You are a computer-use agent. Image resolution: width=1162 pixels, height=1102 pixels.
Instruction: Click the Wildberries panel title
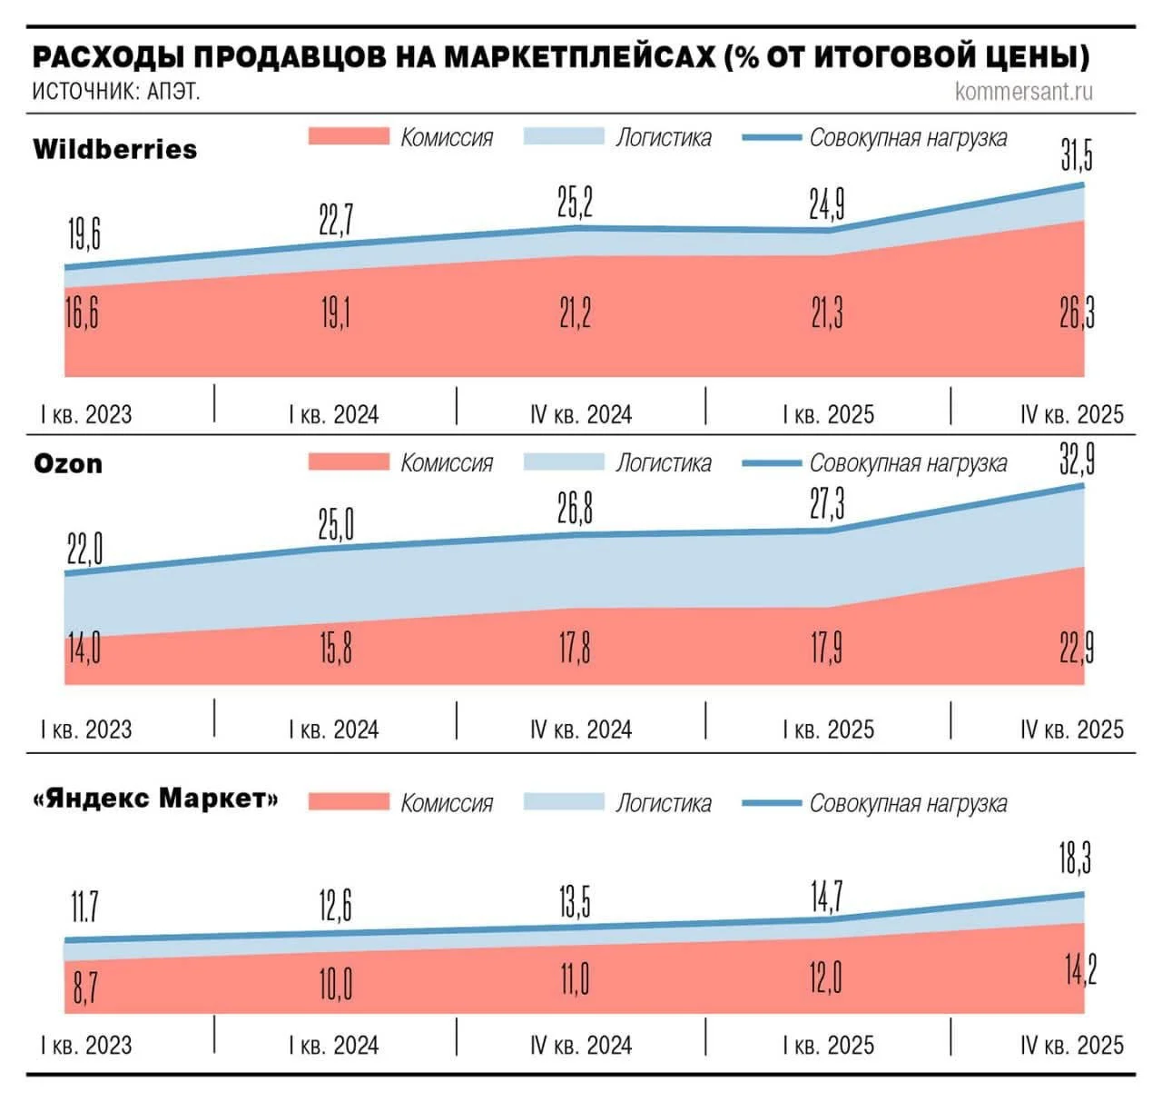(114, 149)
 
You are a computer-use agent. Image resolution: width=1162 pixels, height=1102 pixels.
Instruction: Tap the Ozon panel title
(68, 464)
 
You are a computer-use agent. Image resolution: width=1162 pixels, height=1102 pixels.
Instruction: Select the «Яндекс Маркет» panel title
(154, 799)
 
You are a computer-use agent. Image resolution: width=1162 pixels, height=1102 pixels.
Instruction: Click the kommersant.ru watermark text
(1023, 91)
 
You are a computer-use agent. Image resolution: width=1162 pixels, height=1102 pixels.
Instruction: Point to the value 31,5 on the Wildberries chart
(1077, 155)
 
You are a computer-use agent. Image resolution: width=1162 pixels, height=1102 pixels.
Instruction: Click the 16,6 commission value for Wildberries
(82, 313)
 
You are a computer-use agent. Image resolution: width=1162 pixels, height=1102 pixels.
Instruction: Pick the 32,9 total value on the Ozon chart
(1077, 460)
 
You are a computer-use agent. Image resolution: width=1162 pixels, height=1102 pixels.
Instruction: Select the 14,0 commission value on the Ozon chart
(84, 650)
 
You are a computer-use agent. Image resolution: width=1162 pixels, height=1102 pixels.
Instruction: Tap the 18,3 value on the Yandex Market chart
(1075, 858)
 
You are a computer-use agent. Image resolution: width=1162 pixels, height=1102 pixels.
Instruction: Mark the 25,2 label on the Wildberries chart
(575, 203)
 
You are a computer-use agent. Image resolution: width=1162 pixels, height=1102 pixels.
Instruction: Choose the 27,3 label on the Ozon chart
(826, 503)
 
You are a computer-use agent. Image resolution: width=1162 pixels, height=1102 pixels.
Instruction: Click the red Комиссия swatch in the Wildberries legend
(349, 137)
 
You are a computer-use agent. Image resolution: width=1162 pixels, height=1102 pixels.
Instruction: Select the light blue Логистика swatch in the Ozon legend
(563, 462)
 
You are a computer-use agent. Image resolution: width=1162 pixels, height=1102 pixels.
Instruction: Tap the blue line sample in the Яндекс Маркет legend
(771, 803)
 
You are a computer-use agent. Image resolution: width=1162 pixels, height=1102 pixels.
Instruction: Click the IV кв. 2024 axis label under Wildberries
(581, 415)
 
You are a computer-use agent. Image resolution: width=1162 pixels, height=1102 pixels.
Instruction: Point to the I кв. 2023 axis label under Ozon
(86, 730)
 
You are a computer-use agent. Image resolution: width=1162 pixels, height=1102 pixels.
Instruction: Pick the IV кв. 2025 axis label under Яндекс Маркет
(1071, 1046)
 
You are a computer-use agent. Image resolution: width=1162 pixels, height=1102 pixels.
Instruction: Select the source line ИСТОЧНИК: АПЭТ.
(115, 92)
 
